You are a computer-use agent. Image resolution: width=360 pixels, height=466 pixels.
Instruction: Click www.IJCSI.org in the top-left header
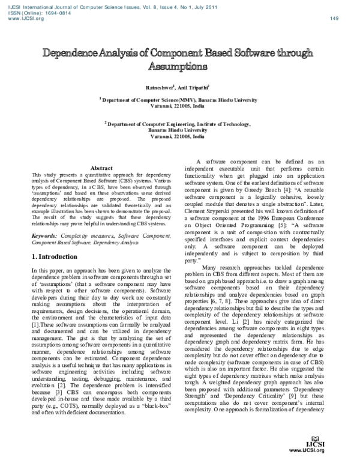26,19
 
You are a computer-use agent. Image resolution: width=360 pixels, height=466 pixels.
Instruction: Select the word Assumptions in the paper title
179,64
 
